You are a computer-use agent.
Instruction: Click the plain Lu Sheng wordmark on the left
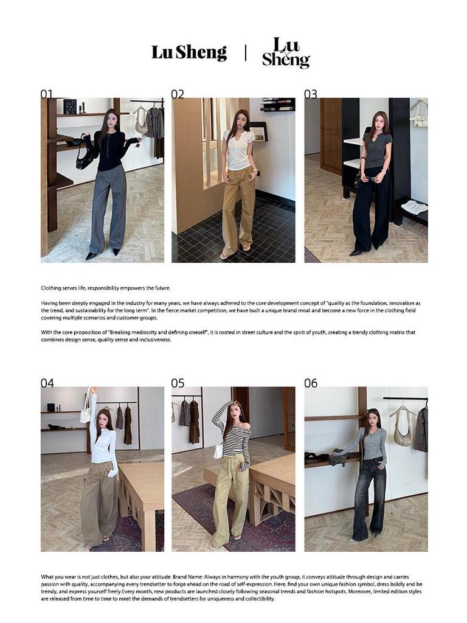coord(189,52)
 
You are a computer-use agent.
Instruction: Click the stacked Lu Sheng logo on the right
coord(286,52)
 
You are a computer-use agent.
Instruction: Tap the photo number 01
coord(46,94)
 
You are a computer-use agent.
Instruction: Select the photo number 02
coord(178,94)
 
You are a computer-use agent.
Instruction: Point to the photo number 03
coord(311,94)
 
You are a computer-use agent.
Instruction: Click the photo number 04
coord(47,383)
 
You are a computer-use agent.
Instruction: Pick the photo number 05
coord(178,383)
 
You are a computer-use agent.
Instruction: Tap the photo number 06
coord(311,383)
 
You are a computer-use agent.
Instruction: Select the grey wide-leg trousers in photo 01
coord(108,209)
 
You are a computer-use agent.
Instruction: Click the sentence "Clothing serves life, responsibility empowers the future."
coord(106,288)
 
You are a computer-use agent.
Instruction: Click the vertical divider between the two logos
coord(246,53)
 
